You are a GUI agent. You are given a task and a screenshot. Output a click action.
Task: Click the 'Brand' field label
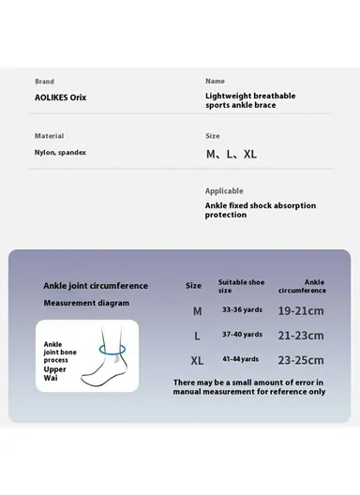point(44,82)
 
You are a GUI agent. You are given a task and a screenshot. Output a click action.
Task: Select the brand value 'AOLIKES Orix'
point(60,97)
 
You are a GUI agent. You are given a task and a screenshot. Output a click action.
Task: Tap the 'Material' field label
point(49,136)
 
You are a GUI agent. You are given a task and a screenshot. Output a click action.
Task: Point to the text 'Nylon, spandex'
point(60,152)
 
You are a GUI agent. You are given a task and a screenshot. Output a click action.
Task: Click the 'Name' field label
point(215,82)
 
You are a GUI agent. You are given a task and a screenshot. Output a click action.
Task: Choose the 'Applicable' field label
point(224,190)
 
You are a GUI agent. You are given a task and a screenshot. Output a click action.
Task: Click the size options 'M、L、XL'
point(231,154)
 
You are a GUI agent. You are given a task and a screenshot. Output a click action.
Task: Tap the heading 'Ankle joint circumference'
point(95,285)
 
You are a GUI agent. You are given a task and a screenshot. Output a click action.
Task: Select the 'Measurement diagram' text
point(86,303)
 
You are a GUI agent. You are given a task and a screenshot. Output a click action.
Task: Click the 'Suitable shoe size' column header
point(241,285)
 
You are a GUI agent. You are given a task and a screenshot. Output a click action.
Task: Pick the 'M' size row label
point(197,310)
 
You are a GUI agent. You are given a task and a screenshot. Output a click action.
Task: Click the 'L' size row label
point(197,335)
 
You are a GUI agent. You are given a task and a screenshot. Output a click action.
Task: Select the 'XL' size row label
point(197,360)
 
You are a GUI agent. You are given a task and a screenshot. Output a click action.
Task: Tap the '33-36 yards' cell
point(241,309)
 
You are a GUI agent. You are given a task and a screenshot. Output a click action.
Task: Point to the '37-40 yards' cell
point(241,334)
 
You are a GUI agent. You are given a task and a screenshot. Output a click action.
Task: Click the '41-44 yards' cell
point(241,359)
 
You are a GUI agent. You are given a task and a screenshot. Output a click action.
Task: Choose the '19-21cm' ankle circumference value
point(302,310)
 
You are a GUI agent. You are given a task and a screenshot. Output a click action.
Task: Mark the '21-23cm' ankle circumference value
point(302,335)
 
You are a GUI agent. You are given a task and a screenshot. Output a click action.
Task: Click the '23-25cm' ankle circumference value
point(302,360)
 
